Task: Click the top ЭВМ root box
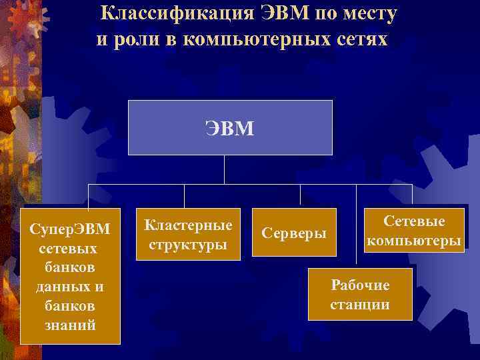tap(230, 127)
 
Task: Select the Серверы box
tap(294, 234)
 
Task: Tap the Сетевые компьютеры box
tap(414, 231)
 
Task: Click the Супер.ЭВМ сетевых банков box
tap(70, 276)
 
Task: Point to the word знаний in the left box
tap(71, 325)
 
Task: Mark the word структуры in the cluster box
tap(188, 245)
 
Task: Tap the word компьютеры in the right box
tap(414, 241)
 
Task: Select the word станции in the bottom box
tap(360, 305)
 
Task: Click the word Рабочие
tap(360, 285)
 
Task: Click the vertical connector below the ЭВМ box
tap(224, 169)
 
